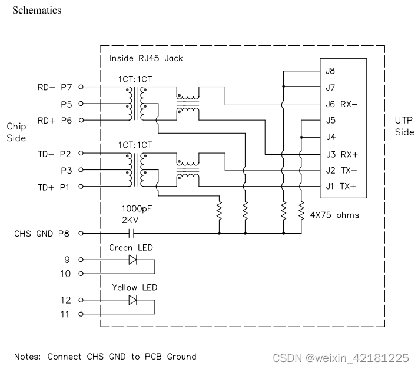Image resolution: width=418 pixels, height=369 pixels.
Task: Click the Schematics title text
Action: (x=37, y=10)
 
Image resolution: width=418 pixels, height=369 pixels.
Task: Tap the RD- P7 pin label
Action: (x=54, y=87)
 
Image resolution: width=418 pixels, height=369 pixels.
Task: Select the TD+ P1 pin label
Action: (x=54, y=187)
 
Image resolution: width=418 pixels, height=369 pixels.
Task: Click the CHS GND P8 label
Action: (x=42, y=234)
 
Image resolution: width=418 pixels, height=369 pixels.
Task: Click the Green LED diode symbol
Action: (x=132, y=260)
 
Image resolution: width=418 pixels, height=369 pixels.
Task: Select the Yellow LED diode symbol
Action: (x=132, y=300)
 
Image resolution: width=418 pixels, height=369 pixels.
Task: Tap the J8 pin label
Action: (x=330, y=71)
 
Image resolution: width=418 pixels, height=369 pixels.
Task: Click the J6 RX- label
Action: (x=342, y=104)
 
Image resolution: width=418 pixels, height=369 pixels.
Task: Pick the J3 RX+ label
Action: (x=342, y=155)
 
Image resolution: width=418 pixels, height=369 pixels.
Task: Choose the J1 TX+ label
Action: (x=342, y=187)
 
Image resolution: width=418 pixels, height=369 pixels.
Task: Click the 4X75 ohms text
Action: (x=334, y=215)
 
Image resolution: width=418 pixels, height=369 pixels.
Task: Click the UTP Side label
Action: (x=404, y=126)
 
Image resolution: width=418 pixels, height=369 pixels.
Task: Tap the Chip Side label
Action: (x=16, y=132)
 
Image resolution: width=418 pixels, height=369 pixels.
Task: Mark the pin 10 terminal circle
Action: (x=81, y=274)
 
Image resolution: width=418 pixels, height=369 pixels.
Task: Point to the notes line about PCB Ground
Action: (x=105, y=356)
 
